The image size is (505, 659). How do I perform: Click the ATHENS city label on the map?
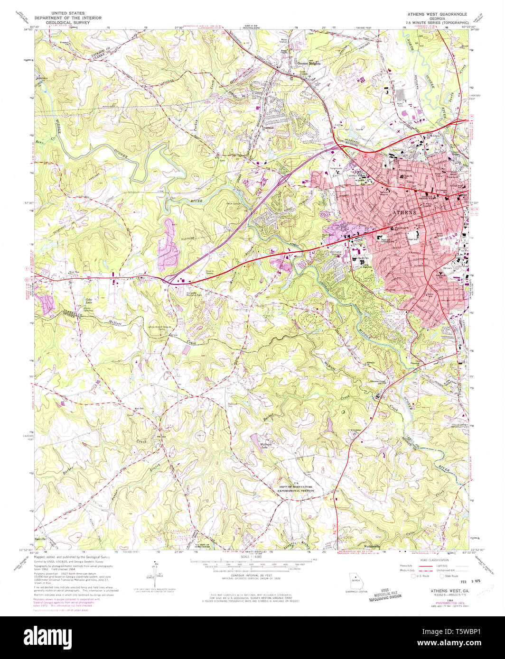(x=404, y=213)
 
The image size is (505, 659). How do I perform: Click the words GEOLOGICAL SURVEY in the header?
(x=65, y=22)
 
